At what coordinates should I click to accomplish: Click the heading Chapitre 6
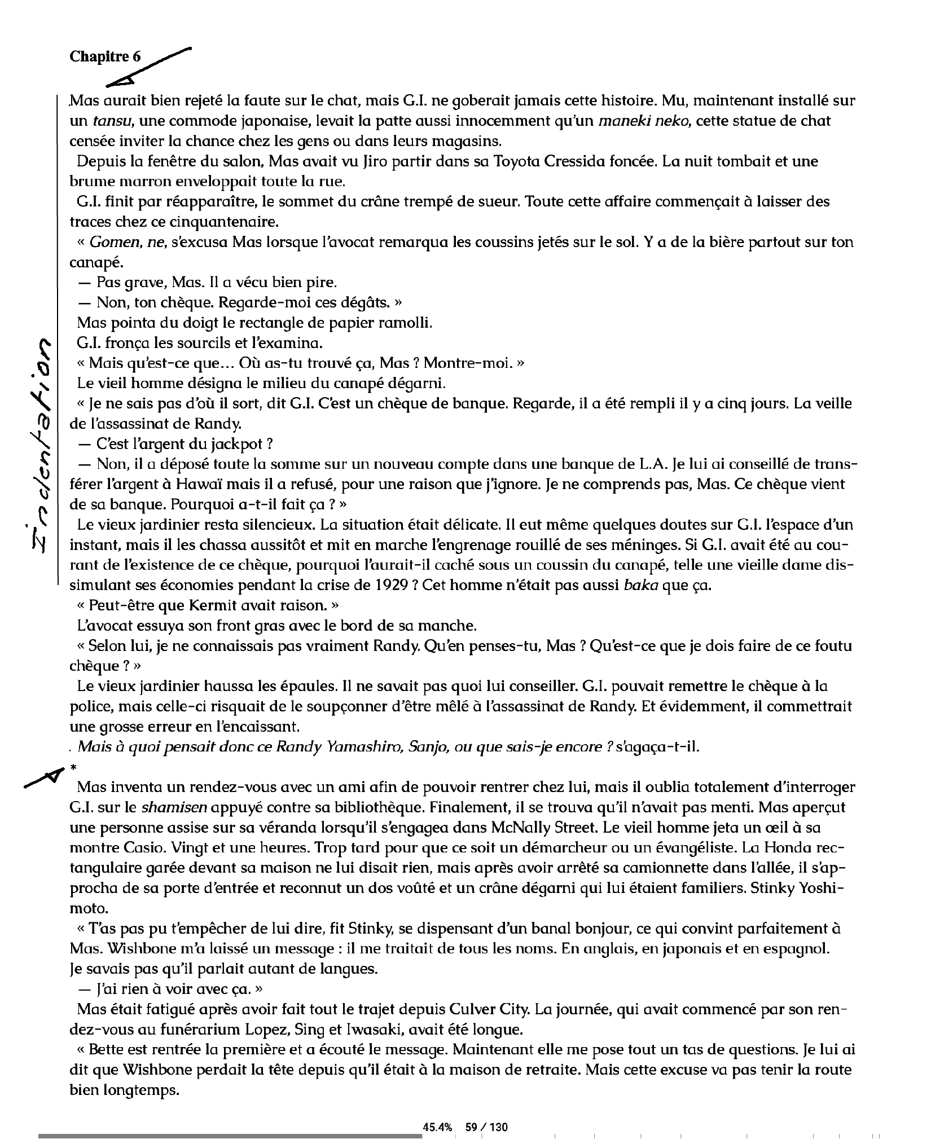point(105,56)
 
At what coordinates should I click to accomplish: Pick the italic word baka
point(641,585)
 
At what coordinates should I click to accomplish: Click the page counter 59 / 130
point(486,1111)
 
